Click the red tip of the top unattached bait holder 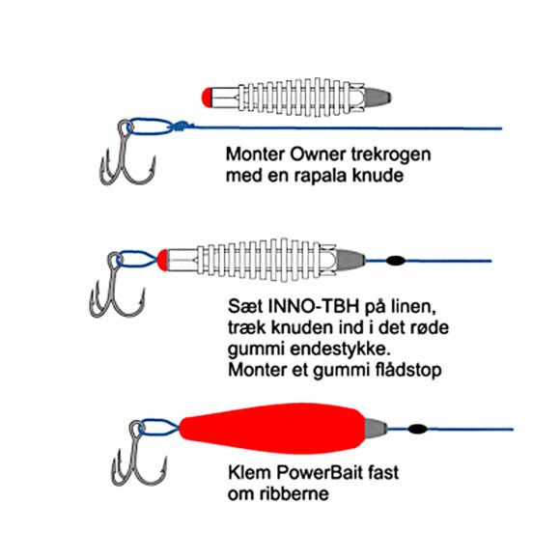(x=206, y=98)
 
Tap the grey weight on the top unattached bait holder (x=378, y=98)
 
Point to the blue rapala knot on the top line (x=182, y=126)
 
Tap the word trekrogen (x=391, y=155)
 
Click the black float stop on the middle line (x=396, y=261)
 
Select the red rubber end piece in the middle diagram (x=162, y=260)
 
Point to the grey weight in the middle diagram (x=350, y=261)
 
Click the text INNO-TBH (x=313, y=306)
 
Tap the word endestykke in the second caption (x=339, y=349)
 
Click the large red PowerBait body (x=272, y=429)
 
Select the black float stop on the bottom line (x=417, y=429)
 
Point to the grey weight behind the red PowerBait (x=376, y=429)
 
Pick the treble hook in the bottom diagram (x=139, y=453)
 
